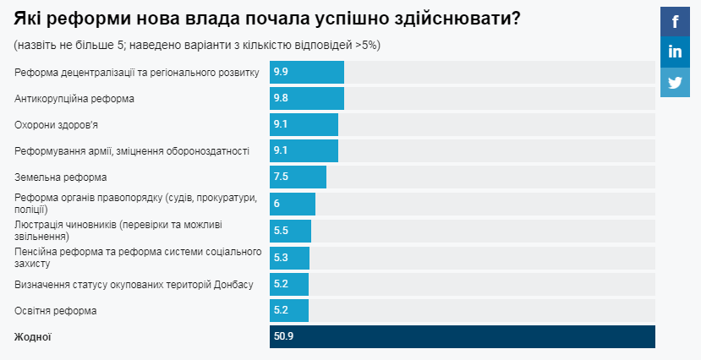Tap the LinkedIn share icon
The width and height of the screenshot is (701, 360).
pyautogui.click(x=675, y=52)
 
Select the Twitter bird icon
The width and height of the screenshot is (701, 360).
pyautogui.click(x=675, y=82)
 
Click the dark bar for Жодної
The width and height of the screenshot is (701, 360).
pyautogui.click(x=462, y=336)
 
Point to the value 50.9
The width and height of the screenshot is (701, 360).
pyautogui.click(x=283, y=336)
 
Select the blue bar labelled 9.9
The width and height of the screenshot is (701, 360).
pyautogui.click(x=307, y=72)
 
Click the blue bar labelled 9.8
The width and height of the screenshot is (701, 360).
pyautogui.click(x=307, y=98)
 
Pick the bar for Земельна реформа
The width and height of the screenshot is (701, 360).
pyautogui.click(x=298, y=177)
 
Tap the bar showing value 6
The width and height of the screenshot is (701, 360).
pyautogui.click(x=293, y=204)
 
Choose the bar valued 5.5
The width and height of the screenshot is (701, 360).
pyautogui.click(x=290, y=231)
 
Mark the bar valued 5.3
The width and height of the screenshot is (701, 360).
pyautogui.click(x=289, y=257)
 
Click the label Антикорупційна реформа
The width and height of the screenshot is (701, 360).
pyautogui.click(x=74, y=98)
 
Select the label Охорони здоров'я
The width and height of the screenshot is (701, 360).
pyautogui.click(x=58, y=124)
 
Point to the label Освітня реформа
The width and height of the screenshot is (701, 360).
pyautogui.click(x=56, y=310)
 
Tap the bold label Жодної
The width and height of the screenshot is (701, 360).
pyautogui.click(x=33, y=336)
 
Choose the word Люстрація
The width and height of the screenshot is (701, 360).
pyautogui.click(x=39, y=225)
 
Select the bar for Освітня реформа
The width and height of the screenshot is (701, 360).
pyautogui.click(x=289, y=310)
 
